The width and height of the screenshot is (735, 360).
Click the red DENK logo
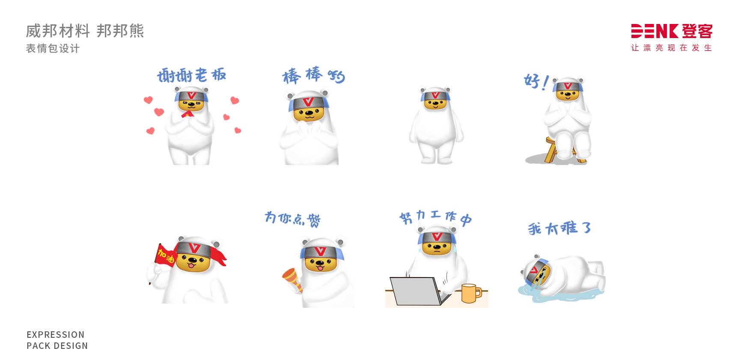coord(671,31)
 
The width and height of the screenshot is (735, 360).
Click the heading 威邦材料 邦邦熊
coord(85,31)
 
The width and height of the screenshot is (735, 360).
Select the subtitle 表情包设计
coord(53,49)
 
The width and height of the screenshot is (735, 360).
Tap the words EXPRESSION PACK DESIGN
coord(57,340)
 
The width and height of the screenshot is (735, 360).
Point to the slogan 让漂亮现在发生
coord(671,48)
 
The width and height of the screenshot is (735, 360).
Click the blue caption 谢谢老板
coord(191,75)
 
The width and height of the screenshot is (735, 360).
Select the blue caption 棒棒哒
coord(313,76)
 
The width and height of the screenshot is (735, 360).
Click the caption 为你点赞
coord(292,218)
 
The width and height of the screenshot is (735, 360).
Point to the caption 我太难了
coord(559,228)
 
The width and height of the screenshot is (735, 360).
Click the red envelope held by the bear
coord(187,114)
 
